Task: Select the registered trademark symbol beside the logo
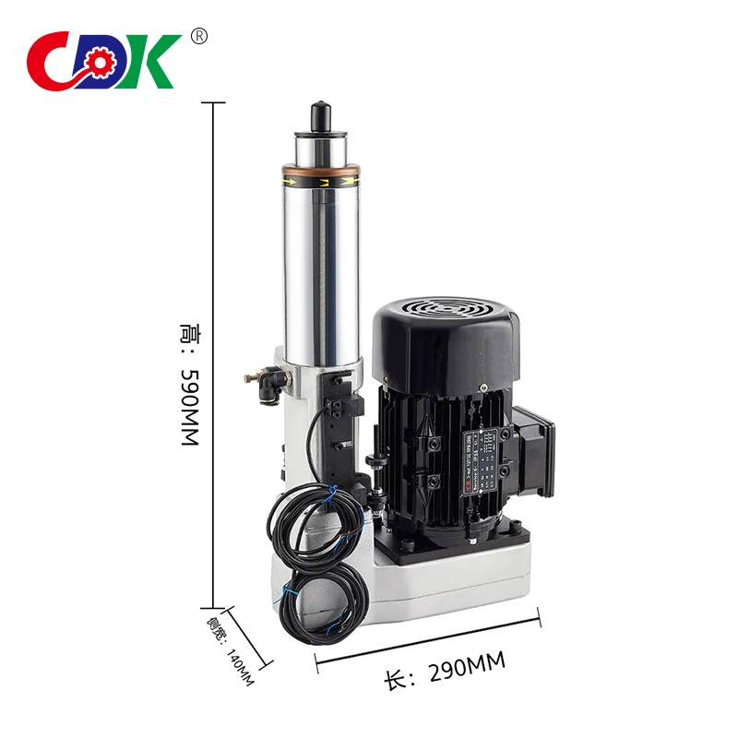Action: pos(198,36)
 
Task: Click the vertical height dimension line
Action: pos(215,351)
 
